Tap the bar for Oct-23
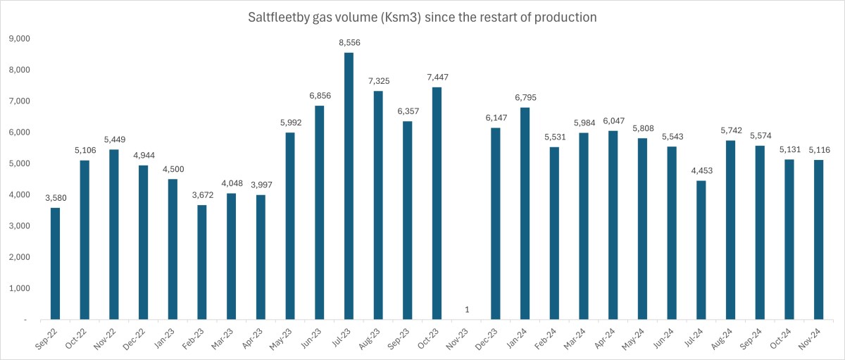[437, 204]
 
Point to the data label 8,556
[349, 43]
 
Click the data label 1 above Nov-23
[466, 310]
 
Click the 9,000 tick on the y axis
[19, 39]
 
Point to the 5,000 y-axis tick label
[19, 163]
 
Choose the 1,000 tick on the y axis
[19, 288]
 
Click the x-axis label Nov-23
[461, 337]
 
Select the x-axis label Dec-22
[138, 337]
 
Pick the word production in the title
[563, 17]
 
